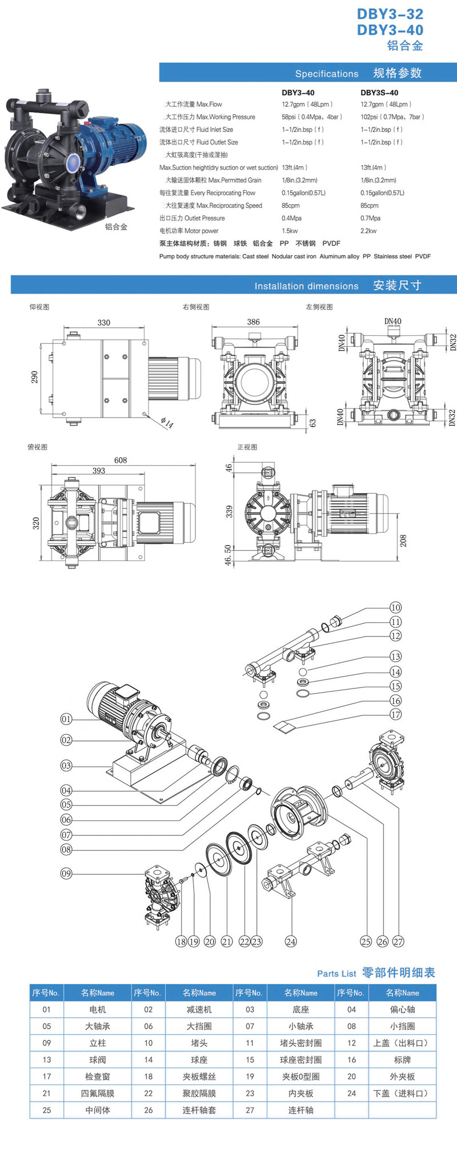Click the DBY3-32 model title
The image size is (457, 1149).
(390, 14)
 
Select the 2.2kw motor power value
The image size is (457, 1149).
(368, 231)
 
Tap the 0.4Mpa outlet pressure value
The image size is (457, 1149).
(291, 218)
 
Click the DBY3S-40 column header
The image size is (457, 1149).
(379, 93)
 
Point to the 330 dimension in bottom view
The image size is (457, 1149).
(104, 322)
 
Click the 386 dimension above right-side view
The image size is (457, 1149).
(253, 322)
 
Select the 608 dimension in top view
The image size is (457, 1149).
(121, 460)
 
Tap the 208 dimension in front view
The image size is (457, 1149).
(403, 541)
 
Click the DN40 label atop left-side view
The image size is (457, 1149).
(392, 321)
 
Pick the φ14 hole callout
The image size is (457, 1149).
(167, 423)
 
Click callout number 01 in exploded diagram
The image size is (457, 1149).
(66, 719)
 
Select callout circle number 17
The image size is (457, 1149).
(396, 714)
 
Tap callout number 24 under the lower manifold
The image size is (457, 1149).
(291, 942)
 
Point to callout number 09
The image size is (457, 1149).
(66, 873)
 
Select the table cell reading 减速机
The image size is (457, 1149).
(199, 1010)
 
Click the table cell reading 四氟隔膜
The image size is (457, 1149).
(98, 1093)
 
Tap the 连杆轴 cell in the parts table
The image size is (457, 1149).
(300, 1110)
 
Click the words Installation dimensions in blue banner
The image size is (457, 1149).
(306, 286)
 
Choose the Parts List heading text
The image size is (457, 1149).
(336, 974)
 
